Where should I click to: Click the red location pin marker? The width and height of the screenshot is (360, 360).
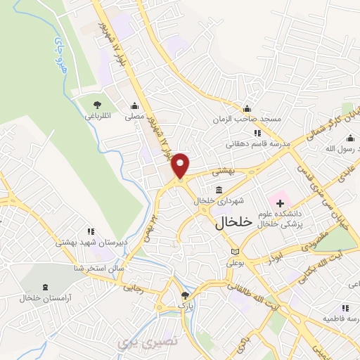[181, 165]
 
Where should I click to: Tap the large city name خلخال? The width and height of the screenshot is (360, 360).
[231, 222]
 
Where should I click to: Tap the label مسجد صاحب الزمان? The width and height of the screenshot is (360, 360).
[248, 119]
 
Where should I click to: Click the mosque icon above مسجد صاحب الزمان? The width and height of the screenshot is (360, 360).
[247, 108]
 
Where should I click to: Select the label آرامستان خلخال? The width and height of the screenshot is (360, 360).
[44, 298]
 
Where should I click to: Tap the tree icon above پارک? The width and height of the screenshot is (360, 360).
[185, 295]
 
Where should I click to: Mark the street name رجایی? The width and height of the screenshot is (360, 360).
[133, 287]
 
